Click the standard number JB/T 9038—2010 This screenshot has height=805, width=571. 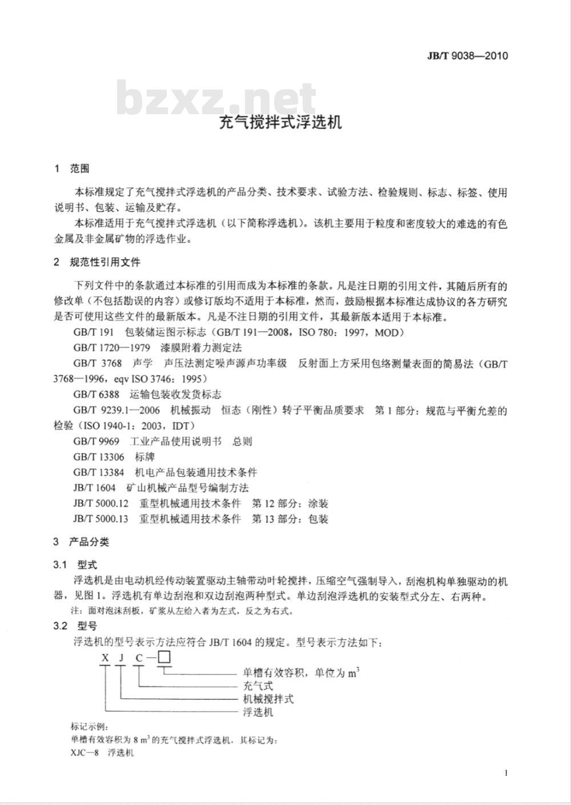coord(467,55)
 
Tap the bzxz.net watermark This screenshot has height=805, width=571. coord(217,99)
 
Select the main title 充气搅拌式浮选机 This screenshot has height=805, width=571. coord(281,122)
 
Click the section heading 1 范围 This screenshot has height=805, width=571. coord(71,169)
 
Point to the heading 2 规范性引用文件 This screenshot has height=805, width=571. coord(96,262)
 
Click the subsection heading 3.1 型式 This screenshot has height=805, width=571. coord(75,565)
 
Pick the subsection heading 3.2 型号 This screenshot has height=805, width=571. coord(75,626)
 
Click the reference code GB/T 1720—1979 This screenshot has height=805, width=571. coord(111,347)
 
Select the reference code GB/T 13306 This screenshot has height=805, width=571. coord(98,457)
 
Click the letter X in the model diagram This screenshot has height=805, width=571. coord(104,658)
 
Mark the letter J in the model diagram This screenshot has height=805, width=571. coord(121,658)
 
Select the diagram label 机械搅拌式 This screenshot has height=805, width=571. coord(268,699)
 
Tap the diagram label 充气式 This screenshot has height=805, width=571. coord(258,685)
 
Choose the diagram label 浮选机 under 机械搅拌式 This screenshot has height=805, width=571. coord(258,713)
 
